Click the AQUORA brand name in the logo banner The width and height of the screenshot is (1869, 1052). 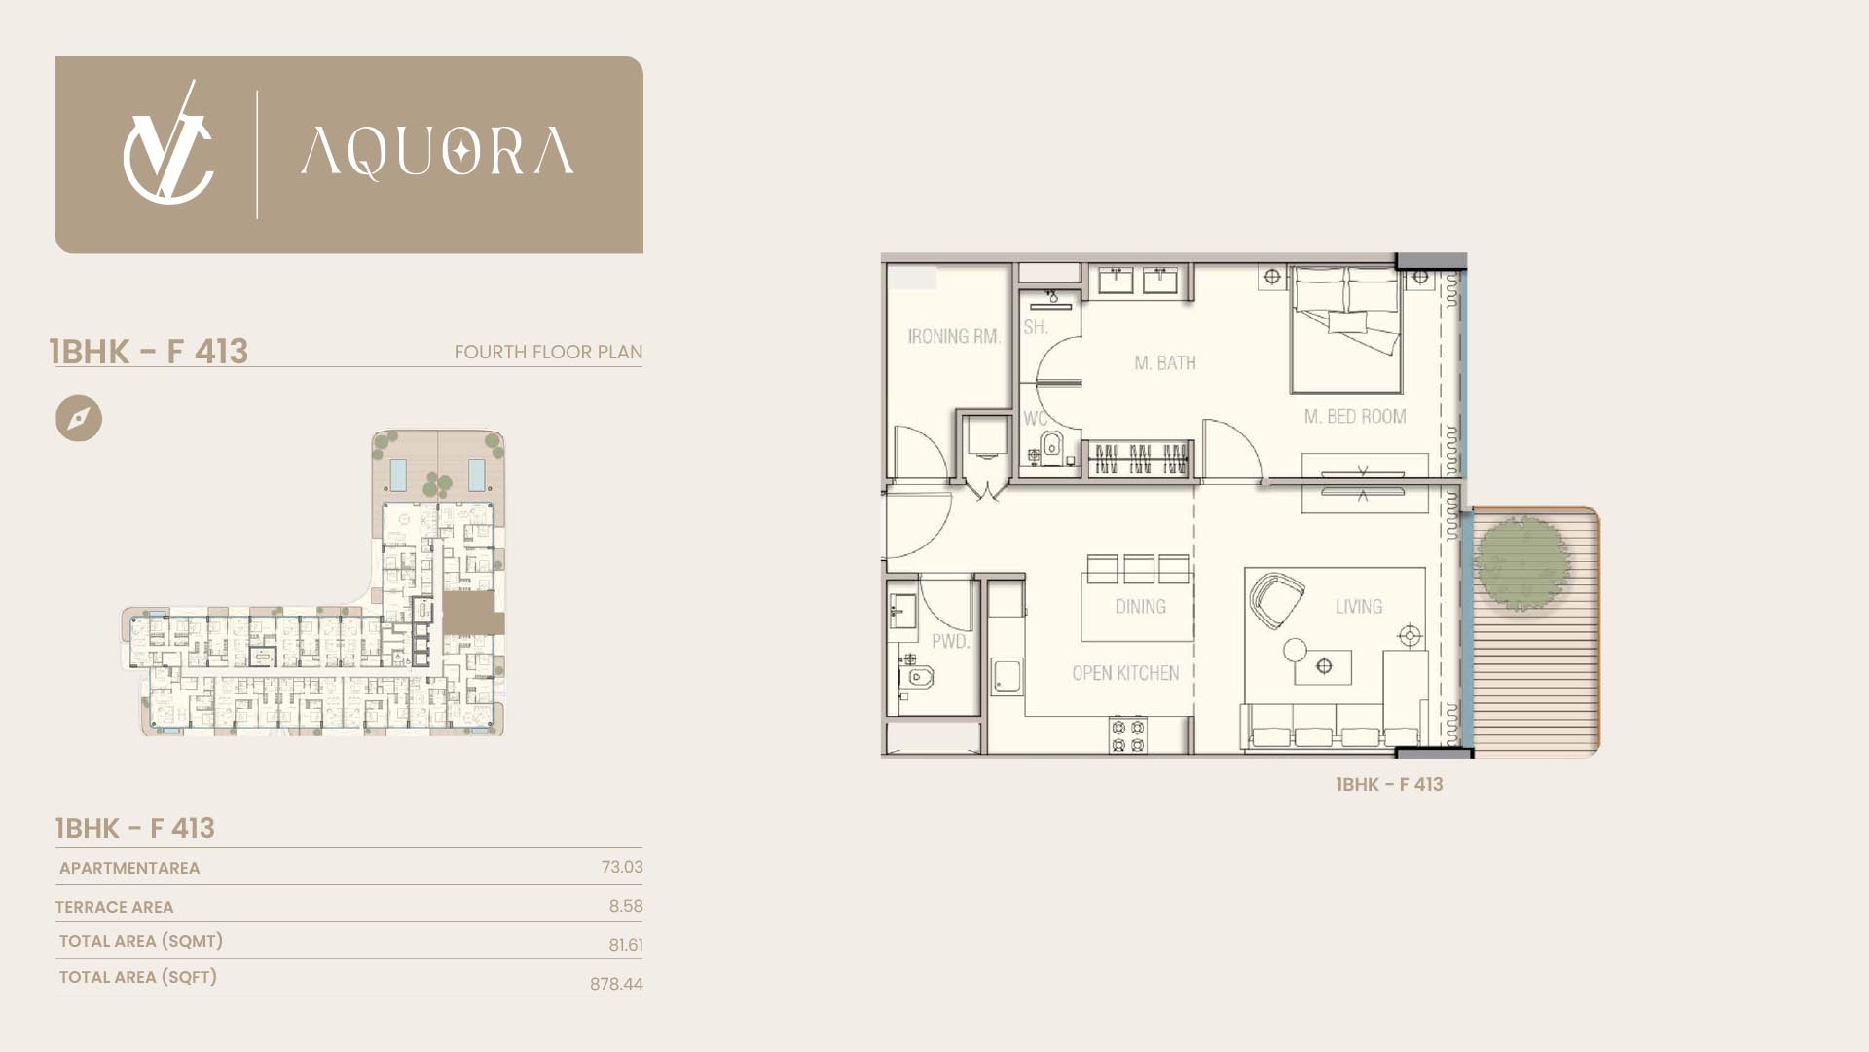coord(437,153)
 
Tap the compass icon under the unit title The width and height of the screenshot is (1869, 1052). coord(79,419)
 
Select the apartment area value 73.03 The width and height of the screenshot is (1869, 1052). coord(622,867)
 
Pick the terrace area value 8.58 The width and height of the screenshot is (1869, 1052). coord(626,906)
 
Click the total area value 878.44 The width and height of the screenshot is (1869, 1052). coord(616,984)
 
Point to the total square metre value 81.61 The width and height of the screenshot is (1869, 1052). coord(626,945)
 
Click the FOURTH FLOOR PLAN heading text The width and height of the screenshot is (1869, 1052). coord(548,352)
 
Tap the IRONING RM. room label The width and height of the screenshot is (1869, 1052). coord(954,337)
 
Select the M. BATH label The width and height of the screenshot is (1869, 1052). coord(1165,363)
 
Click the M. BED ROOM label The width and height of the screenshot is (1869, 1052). coord(1355,417)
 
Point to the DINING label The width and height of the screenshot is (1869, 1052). coord(1141,607)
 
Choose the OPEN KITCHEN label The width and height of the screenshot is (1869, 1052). coord(1125,673)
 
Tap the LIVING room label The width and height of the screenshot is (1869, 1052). coord(1359,607)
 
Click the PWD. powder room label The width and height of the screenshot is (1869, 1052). coord(950,642)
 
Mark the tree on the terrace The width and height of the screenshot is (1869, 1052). coord(1521,563)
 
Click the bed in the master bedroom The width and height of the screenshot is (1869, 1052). coord(1346,329)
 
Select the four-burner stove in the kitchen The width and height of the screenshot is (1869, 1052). coord(1128,735)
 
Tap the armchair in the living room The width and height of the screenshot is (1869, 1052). coord(1276,601)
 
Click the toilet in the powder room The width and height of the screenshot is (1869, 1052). coord(916,677)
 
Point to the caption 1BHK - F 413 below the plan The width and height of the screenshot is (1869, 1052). coord(1389,785)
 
